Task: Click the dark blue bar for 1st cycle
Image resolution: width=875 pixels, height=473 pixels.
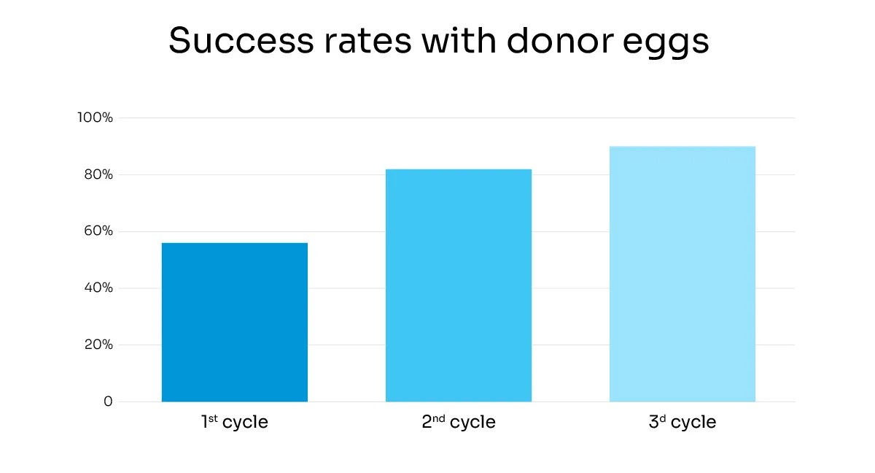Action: pos(234,323)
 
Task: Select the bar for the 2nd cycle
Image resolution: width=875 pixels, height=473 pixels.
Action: pos(458,285)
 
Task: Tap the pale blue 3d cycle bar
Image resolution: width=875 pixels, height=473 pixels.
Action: pos(682,274)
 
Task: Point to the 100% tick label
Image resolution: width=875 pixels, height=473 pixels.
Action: pos(96,118)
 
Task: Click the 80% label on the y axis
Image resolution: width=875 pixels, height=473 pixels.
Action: pos(97,174)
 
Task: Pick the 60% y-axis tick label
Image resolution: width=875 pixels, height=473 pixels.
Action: pos(97,231)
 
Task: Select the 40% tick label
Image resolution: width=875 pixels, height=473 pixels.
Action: pos(97,288)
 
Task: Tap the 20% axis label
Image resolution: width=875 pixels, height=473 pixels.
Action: pos(97,345)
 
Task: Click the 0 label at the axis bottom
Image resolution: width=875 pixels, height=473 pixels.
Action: pos(108,401)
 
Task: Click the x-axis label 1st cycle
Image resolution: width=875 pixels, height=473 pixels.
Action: pos(234,422)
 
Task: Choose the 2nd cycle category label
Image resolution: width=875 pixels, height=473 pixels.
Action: pos(458,422)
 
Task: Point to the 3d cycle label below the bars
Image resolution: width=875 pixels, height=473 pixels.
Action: pos(682,422)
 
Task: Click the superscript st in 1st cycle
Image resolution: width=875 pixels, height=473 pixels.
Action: pos(213,418)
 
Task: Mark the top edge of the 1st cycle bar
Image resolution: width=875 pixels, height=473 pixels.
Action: pos(234,243)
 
